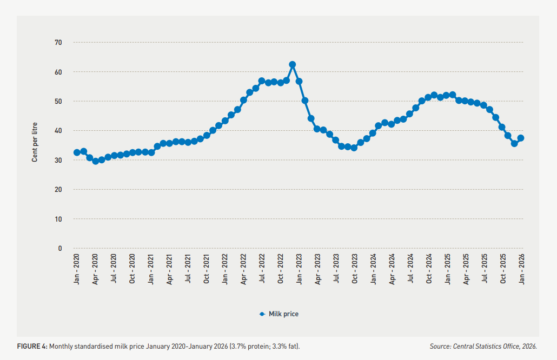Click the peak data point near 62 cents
click(x=293, y=64)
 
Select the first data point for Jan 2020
click(x=77, y=152)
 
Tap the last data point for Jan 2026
click(x=521, y=138)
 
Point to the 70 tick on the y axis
click(x=58, y=43)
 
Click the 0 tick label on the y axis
click(x=60, y=249)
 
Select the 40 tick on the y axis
click(x=58, y=131)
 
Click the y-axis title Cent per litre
click(x=35, y=142)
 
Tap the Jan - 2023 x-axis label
click(x=299, y=269)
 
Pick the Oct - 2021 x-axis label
click(x=207, y=269)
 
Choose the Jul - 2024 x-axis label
click(x=410, y=269)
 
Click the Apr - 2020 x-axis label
click(x=96, y=269)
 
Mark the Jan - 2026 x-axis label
click(x=521, y=269)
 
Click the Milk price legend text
click(x=283, y=314)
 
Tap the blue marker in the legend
click(x=262, y=314)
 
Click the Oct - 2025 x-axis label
click(x=503, y=269)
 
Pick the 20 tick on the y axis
click(x=58, y=190)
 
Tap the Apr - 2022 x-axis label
click(x=243, y=269)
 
